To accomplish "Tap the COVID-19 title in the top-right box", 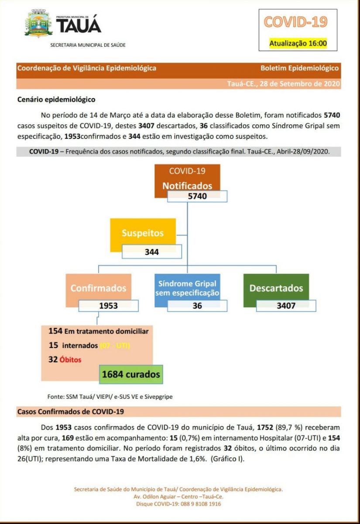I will pos(295,21).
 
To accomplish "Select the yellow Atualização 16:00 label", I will pos(298,43).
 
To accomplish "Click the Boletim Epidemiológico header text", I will pos(299,68).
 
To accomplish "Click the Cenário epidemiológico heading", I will pos(56,100).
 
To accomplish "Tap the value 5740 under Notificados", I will pos(197,196).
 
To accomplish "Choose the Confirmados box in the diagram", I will pos(98,288).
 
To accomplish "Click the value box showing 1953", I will pos(108,306).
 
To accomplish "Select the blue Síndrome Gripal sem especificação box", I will pos(187,288).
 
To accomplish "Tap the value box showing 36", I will pos(197,306).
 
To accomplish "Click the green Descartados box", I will pos(276,288).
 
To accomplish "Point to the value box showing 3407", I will pos(286,306).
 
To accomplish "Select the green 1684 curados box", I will pos(131,374).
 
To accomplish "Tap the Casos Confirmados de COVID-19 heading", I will pos(71,411).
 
